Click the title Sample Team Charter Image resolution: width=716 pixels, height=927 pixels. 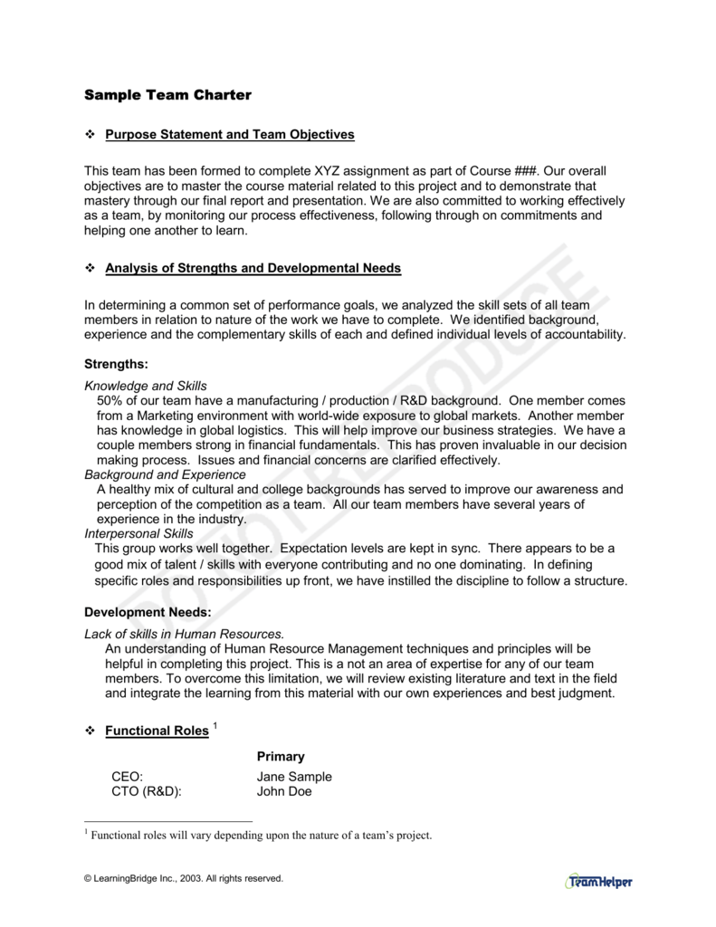(167, 94)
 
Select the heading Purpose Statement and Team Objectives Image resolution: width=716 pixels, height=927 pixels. (230, 135)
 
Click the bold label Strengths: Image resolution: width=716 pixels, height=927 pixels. (116, 364)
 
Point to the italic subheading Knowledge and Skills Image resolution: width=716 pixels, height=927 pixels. (146, 386)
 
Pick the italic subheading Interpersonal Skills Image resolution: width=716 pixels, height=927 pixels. (138, 534)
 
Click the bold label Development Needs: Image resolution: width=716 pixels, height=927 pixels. (148, 612)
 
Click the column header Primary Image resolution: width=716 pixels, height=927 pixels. (281, 756)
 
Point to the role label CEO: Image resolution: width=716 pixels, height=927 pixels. (128, 777)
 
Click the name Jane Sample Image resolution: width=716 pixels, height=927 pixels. (294, 777)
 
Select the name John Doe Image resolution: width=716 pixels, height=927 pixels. (284, 791)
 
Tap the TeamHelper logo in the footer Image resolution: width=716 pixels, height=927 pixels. (599, 881)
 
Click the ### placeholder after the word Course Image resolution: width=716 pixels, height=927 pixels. (526, 171)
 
